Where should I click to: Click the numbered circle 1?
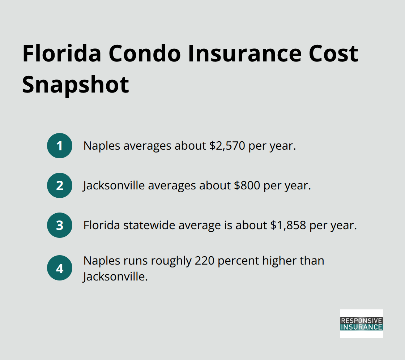coord(60,146)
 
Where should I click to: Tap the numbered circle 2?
coord(60,185)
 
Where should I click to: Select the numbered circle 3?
coord(60,225)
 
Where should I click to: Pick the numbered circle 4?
coord(60,269)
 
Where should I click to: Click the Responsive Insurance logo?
coord(361,323)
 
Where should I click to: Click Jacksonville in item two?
coord(114,185)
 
